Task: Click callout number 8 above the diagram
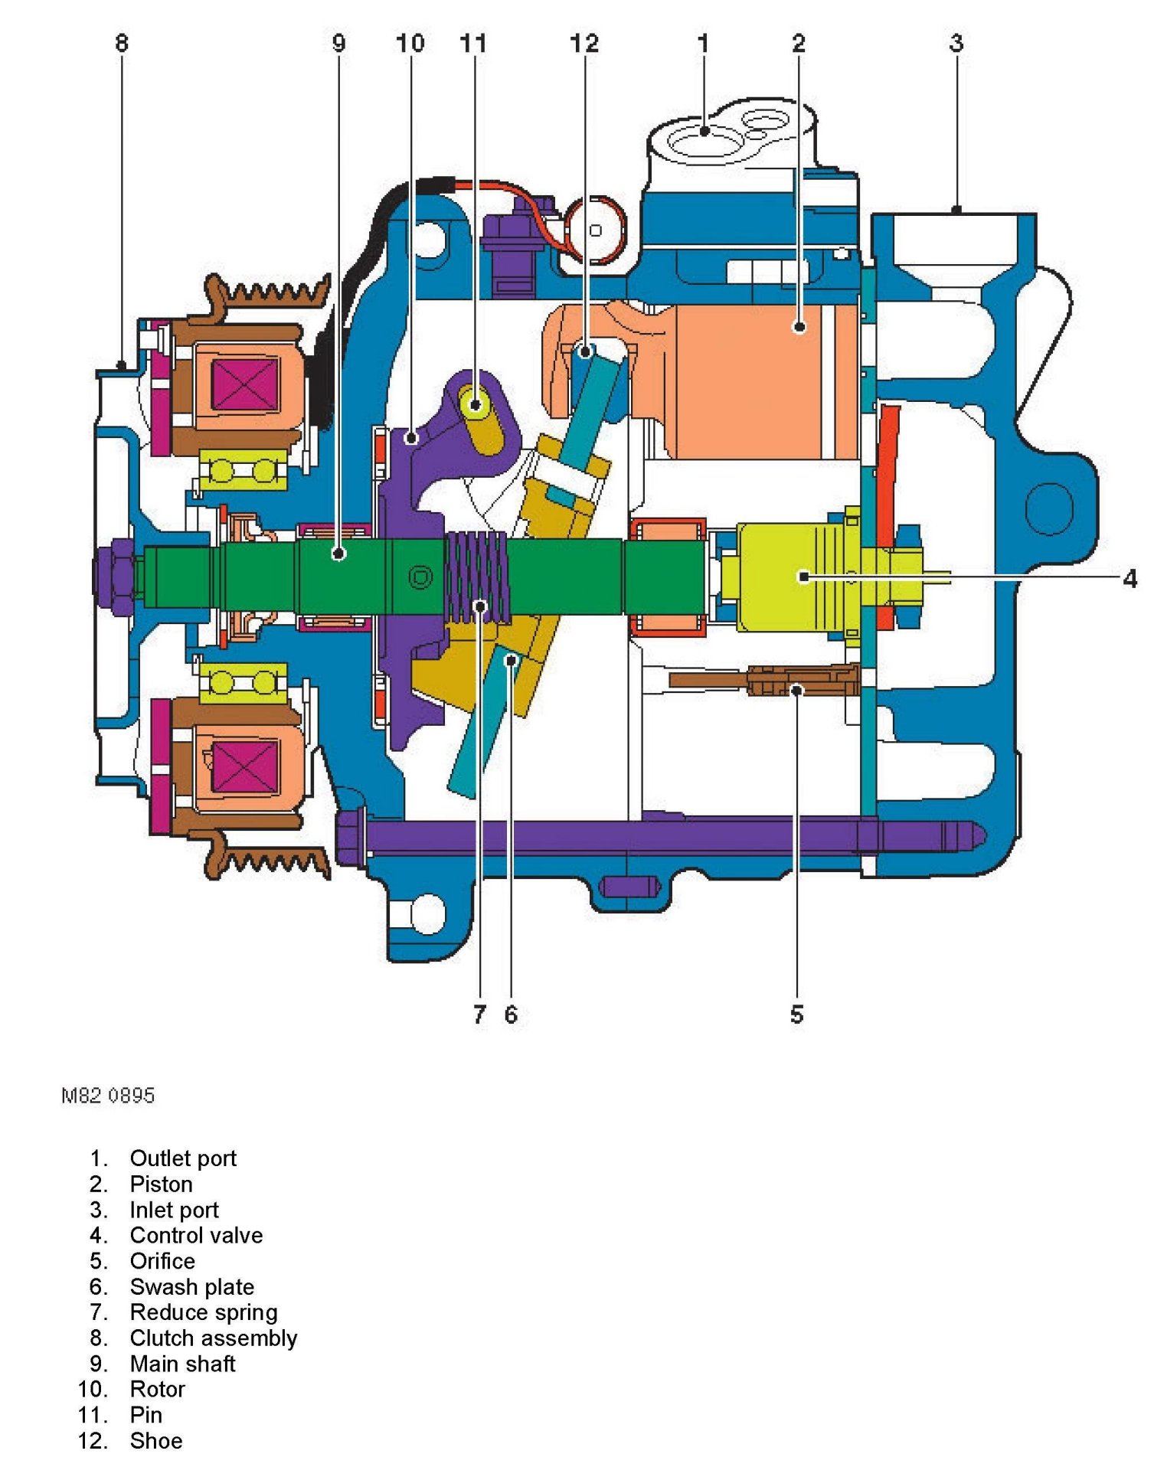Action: [x=122, y=43]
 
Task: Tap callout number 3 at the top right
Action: [x=956, y=43]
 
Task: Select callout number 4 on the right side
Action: [x=1129, y=579]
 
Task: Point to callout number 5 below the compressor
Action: [x=796, y=1014]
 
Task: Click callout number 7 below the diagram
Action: [x=479, y=1014]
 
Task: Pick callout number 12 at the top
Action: [x=584, y=43]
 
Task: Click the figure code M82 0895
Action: [x=108, y=1096]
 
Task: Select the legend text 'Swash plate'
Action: [x=191, y=1286]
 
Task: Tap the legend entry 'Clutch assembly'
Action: [x=213, y=1338]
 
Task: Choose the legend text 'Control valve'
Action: [x=196, y=1235]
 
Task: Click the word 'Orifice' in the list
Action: [x=162, y=1261]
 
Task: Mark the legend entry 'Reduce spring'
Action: [x=204, y=1312]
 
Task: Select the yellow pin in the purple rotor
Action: [x=476, y=404]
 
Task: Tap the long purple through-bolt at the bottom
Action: [x=651, y=836]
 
